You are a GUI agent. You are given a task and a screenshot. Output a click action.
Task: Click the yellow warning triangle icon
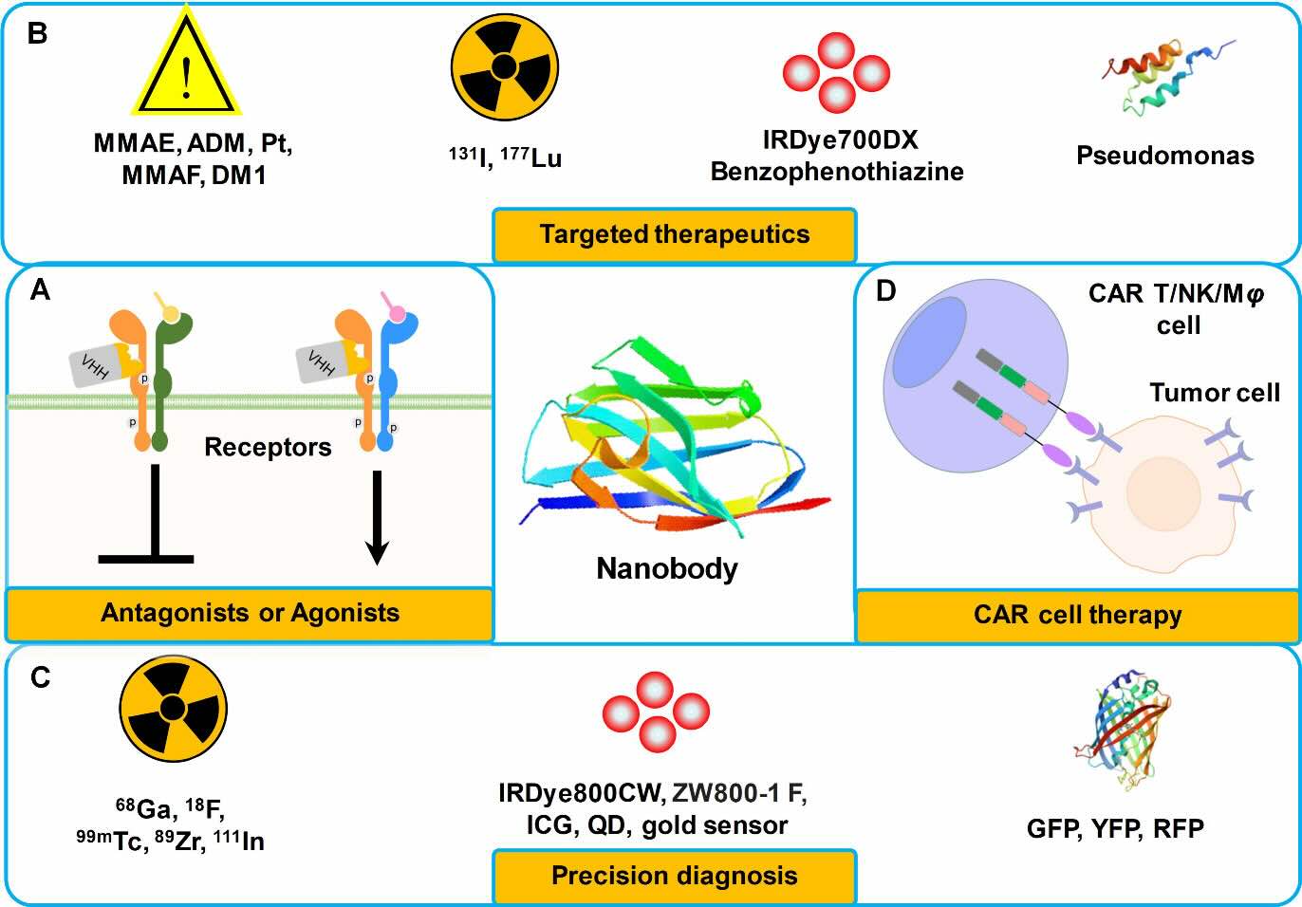coord(186,61)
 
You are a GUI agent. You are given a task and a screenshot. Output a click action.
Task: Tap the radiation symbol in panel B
coord(505,66)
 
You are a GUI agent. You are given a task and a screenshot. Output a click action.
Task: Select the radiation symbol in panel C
coord(174,709)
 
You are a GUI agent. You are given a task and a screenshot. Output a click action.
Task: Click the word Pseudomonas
coord(1165,156)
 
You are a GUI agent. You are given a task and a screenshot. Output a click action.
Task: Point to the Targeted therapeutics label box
coord(674,235)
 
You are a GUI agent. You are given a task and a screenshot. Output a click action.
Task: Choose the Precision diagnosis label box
coord(674,877)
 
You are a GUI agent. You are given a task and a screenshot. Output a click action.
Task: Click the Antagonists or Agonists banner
coord(250,614)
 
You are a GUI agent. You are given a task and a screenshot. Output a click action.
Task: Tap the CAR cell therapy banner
coord(1078,616)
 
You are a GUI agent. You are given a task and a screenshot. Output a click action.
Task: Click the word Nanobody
coord(667,569)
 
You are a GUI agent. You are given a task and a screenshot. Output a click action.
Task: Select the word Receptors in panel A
coord(268,448)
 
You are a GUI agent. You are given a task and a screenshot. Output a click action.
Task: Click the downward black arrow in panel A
coord(378,517)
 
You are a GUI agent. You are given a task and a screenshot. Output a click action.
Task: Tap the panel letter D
coord(885,291)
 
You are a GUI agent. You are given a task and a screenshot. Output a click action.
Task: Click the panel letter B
coord(38,34)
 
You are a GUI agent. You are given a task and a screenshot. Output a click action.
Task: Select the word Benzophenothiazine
coord(837,172)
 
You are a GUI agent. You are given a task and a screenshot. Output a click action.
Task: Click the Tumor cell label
coord(1215,393)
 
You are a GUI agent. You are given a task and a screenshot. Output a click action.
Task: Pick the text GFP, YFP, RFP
coord(1115,829)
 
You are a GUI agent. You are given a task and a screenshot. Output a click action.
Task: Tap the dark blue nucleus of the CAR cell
coord(929,342)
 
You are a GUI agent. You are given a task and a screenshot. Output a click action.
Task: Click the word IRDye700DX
coord(841,140)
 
